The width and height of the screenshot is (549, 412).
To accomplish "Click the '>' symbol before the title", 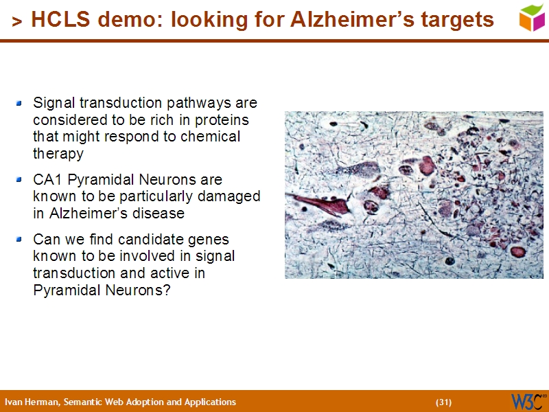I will coord(17,22).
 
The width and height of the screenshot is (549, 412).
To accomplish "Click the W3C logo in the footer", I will coord(527,401).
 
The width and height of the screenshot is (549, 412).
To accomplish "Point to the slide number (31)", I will coord(443,402).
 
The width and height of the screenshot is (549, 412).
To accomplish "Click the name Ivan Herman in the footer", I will coord(32,402).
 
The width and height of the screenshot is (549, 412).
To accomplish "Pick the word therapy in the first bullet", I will coord(58,154).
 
